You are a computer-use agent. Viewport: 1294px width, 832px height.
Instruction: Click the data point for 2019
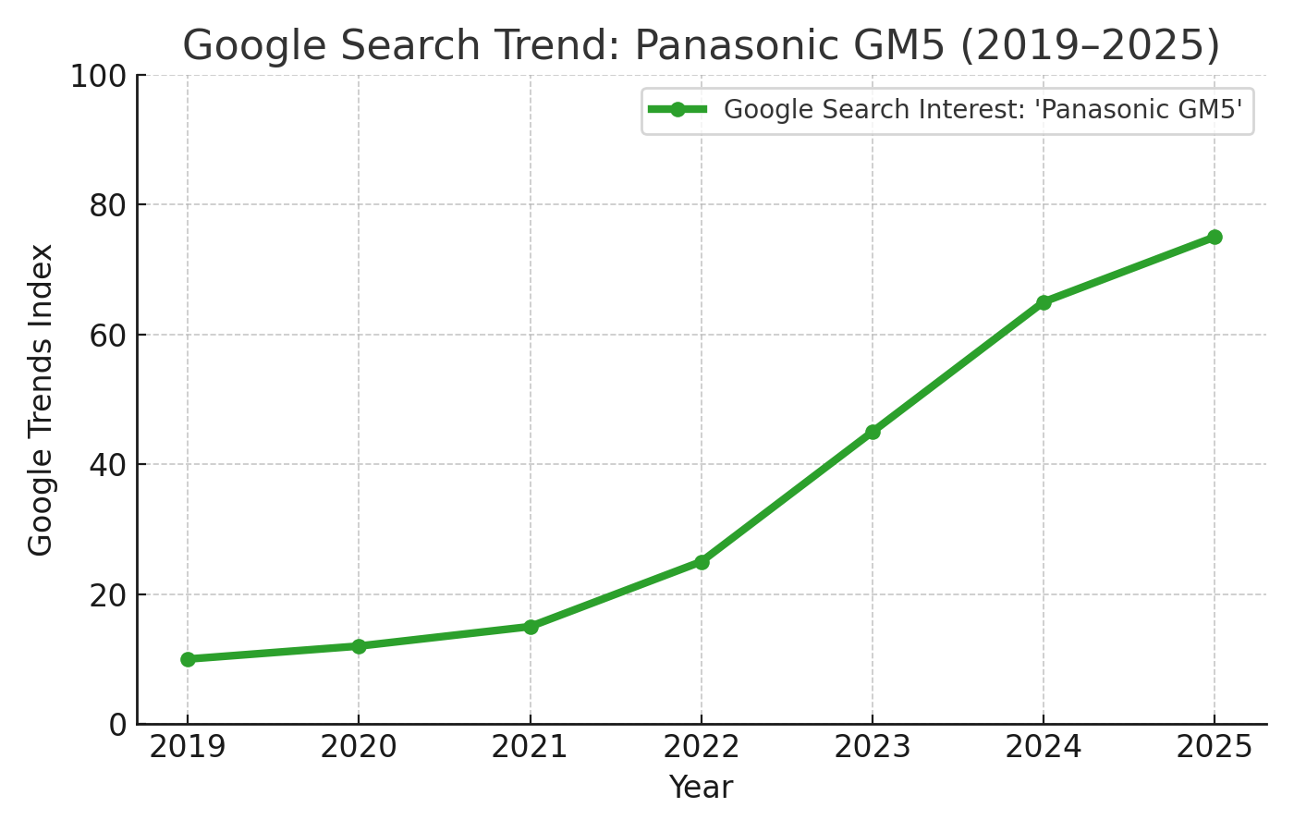point(188,659)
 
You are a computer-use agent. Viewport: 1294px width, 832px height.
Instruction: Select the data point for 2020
point(359,646)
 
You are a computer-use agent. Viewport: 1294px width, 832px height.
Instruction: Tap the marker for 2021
point(531,627)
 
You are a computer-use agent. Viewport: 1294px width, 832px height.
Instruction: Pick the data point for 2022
point(702,562)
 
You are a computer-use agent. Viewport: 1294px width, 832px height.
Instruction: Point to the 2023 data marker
point(873,432)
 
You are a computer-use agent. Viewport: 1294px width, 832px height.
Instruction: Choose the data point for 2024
point(1044,302)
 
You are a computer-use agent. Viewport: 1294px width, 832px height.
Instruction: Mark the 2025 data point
point(1215,238)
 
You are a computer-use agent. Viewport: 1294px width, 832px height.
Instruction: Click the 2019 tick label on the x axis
point(188,747)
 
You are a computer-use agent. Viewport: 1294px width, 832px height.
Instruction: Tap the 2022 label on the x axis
point(702,747)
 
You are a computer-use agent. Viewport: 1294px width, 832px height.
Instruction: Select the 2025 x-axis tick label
point(1215,747)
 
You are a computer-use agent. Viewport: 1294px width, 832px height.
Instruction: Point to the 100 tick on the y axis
point(98,76)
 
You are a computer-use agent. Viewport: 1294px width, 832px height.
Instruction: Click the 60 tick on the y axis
point(107,335)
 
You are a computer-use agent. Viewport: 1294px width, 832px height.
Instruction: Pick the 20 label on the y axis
point(107,594)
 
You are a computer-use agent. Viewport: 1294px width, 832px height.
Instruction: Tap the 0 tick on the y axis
point(117,725)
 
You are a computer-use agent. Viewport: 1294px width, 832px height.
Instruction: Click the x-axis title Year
point(702,788)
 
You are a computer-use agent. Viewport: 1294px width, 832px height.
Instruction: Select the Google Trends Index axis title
point(41,399)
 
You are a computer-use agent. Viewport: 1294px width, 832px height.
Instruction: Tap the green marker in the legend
point(678,110)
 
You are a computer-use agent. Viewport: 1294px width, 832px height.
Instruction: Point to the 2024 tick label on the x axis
point(1044,747)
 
